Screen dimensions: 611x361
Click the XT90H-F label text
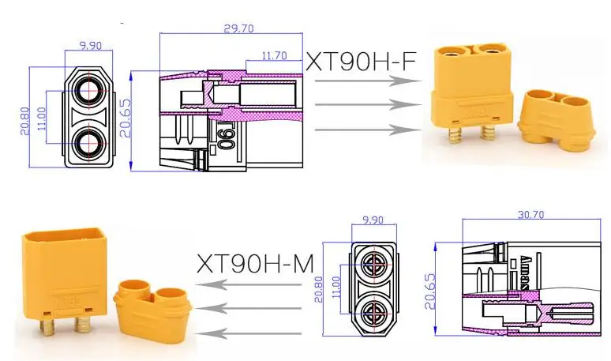(x=361, y=62)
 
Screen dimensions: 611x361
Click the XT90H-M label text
(x=255, y=264)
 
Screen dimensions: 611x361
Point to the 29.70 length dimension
(x=238, y=28)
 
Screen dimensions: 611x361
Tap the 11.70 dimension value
(x=274, y=56)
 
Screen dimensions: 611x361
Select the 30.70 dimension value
(x=530, y=214)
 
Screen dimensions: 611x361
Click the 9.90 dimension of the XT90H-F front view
(x=91, y=46)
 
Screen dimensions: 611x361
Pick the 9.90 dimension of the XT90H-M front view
(x=373, y=220)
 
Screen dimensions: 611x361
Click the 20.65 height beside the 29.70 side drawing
(x=126, y=118)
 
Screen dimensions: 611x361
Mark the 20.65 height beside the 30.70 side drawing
(x=429, y=291)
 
